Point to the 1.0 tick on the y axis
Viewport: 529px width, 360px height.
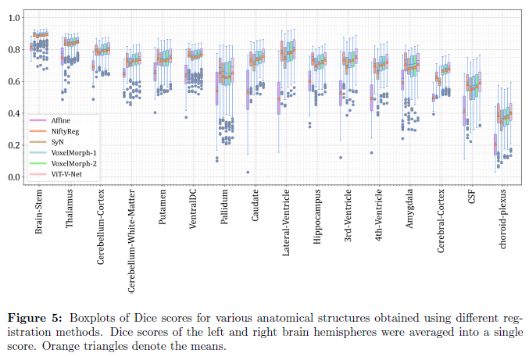[14, 17]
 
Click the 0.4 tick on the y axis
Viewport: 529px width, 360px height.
[14, 113]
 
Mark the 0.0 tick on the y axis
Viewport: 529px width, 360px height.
[14, 177]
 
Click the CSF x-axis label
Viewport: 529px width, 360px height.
[471, 199]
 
